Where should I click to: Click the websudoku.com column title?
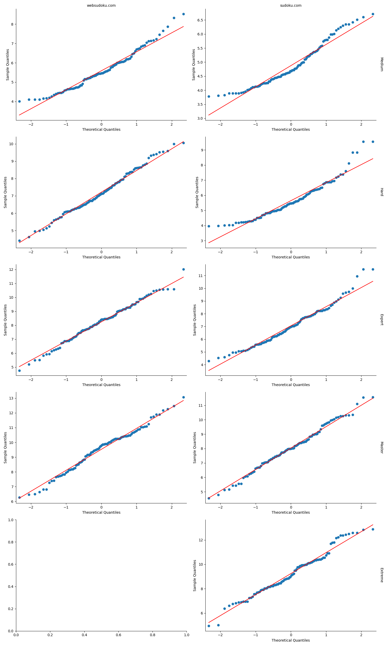(x=101, y=5)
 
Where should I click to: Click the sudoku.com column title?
(x=291, y=5)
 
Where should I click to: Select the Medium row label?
(x=382, y=64)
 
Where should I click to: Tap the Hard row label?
(x=382, y=192)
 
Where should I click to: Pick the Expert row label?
(x=382, y=320)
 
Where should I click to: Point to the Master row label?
(x=382, y=447)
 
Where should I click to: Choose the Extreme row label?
(x=382, y=575)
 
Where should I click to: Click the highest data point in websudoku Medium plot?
(x=183, y=14)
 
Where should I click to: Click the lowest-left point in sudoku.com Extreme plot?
(x=209, y=626)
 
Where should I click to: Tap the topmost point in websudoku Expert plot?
(x=183, y=269)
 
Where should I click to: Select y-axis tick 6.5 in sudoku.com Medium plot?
(x=200, y=20)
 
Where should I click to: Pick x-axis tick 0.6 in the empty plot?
(x=118, y=635)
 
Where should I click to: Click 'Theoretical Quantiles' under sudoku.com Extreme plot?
(x=291, y=640)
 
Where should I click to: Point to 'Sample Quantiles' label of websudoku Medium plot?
(x=7, y=65)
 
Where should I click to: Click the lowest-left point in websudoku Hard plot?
(x=19, y=241)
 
